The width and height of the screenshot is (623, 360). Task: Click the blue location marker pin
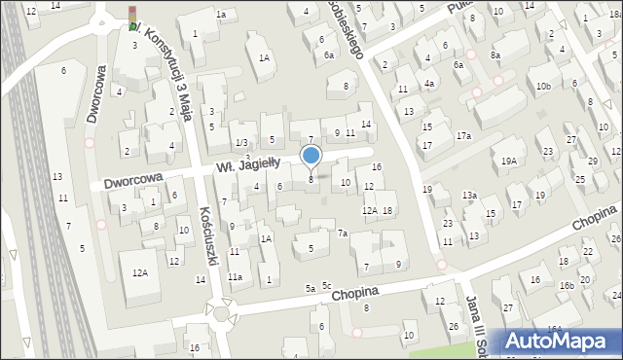(x=311, y=157)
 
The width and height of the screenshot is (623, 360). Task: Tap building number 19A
(x=508, y=162)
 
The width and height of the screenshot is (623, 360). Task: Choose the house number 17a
(x=463, y=135)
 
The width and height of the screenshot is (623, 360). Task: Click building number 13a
(x=469, y=196)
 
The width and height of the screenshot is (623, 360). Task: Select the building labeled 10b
(x=542, y=87)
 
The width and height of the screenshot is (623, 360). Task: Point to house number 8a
(x=495, y=55)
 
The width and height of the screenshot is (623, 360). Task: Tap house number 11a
(x=235, y=277)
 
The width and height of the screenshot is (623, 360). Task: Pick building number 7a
(x=343, y=234)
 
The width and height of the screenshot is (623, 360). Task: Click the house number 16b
(x=566, y=285)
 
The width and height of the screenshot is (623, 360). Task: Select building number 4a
(x=428, y=84)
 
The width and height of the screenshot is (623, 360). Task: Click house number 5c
(x=327, y=285)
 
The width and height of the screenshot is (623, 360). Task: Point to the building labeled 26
(x=454, y=325)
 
